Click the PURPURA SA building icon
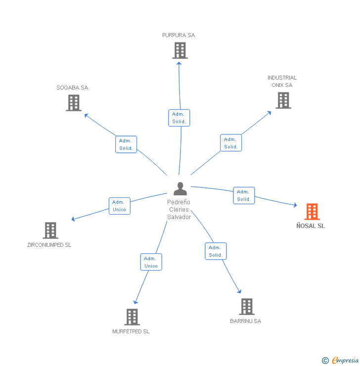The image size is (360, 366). (x=180, y=50)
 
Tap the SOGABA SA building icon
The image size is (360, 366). (x=74, y=103)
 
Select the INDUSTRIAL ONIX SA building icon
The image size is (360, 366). (x=283, y=100)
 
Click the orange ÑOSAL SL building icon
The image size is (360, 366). (x=312, y=212)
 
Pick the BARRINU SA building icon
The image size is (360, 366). (x=247, y=307)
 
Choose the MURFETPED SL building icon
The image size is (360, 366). (x=132, y=317)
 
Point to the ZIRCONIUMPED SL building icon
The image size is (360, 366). (x=50, y=230)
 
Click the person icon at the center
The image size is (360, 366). (x=180, y=188)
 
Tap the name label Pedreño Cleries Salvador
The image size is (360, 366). (x=179, y=210)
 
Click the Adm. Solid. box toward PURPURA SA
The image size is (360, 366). (x=179, y=118)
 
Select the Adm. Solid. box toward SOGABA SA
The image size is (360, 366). (x=126, y=144)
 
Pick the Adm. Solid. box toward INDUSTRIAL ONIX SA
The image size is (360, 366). (x=231, y=143)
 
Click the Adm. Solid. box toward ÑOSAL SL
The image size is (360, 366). (x=244, y=195)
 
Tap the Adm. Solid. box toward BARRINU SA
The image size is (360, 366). (x=216, y=251)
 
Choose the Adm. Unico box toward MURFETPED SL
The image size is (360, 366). (x=151, y=262)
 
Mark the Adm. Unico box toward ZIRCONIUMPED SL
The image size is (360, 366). (x=119, y=206)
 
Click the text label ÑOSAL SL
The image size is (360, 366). (x=311, y=226)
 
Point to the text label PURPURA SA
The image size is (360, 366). (x=179, y=35)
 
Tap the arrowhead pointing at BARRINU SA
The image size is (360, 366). (x=240, y=292)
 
